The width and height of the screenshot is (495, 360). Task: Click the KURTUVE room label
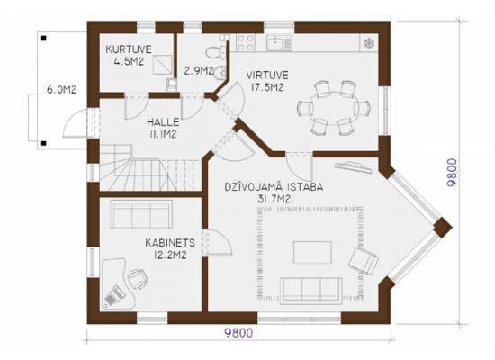(129, 49)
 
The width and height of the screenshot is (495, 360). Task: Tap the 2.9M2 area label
(199, 71)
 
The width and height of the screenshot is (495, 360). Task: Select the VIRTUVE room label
(267, 76)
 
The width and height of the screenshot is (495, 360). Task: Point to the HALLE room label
(163, 122)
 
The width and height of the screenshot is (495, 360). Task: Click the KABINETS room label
(170, 243)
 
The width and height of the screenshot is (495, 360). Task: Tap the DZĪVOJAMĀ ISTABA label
(274, 187)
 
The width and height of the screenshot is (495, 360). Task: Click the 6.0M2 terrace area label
(61, 90)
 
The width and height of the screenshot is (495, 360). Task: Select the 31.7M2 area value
(274, 199)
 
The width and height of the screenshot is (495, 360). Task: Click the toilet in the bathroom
(217, 52)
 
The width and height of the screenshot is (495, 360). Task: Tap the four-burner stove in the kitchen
(246, 42)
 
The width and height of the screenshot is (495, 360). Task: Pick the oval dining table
(334, 108)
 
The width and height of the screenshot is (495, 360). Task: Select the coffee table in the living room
(312, 252)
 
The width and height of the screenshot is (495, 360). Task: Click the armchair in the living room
(364, 260)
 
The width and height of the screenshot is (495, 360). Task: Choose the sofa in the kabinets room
(141, 214)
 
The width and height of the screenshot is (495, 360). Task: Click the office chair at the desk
(138, 278)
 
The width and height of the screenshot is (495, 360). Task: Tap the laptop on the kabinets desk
(113, 296)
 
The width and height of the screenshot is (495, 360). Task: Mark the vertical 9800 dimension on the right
(451, 173)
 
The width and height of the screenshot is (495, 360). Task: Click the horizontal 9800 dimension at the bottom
(238, 333)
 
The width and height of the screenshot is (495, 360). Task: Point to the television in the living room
(354, 166)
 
